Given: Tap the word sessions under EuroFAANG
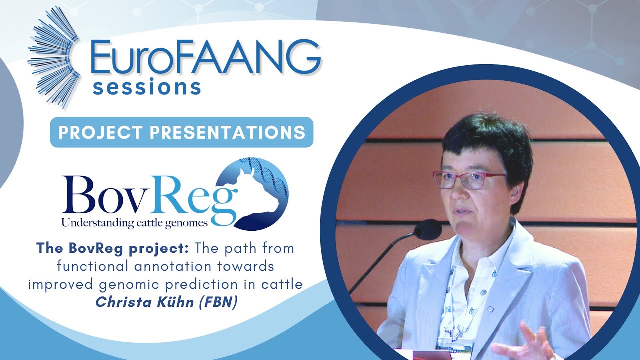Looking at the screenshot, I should [x=147, y=87].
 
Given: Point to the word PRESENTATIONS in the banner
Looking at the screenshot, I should [x=228, y=132].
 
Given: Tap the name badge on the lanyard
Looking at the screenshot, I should [x=455, y=343].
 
